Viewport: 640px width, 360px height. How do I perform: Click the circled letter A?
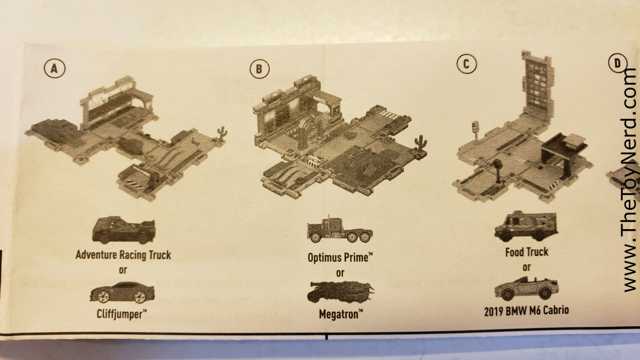point(54,69)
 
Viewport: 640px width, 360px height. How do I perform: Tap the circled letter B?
point(259,69)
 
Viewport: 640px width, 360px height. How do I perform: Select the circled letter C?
point(466,64)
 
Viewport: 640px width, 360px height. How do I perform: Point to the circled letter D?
point(617,63)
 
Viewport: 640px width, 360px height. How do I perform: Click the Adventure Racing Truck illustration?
point(123,230)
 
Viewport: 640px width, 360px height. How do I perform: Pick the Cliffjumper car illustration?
point(122,292)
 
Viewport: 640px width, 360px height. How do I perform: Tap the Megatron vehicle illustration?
point(340,291)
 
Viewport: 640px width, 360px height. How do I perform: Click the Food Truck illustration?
point(526,227)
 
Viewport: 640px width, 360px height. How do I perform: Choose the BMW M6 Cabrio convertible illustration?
point(526,288)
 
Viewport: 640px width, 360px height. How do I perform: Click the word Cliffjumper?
point(121,313)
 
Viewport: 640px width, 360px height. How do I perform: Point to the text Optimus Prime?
point(340,257)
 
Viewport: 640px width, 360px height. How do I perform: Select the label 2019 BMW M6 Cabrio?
point(526,310)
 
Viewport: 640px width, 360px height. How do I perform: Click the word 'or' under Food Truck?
point(527,267)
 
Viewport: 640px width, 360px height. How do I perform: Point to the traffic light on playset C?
point(475,127)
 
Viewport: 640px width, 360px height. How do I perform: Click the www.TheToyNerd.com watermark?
point(630,179)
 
